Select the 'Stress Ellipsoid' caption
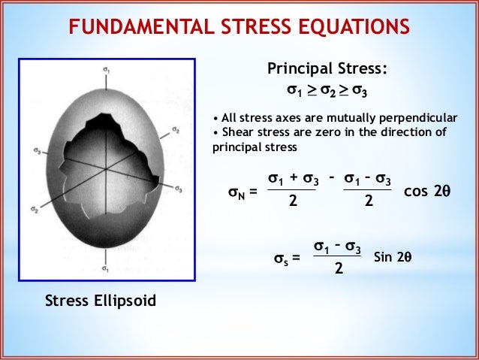[x=101, y=302]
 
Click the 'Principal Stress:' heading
[x=328, y=69]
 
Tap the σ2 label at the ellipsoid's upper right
[x=175, y=129]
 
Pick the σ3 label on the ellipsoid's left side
[x=37, y=150]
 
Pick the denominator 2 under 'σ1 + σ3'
[x=293, y=204]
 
